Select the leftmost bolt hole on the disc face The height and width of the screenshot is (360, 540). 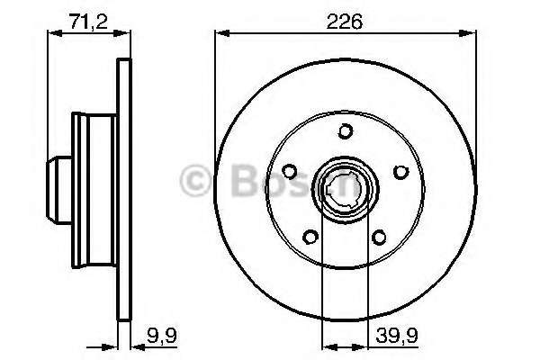[x=290, y=171]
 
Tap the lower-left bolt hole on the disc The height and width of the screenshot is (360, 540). [x=311, y=237]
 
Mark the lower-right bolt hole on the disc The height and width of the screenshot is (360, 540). [x=380, y=237]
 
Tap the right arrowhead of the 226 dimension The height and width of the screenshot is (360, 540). [x=472, y=35]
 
